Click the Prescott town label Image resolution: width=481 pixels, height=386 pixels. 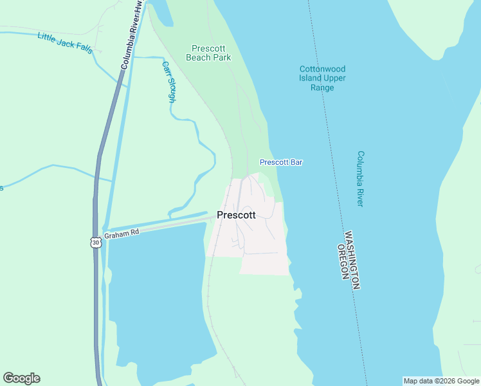click(236, 215)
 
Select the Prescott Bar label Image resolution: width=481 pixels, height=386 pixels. click(281, 162)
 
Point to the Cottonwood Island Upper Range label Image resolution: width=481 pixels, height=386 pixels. click(322, 78)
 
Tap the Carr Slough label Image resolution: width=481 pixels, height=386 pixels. click(169, 82)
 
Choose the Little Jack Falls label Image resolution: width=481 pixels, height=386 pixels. click(65, 42)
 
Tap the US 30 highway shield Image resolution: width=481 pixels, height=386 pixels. click(96, 243)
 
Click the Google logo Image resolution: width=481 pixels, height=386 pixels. click(21, 378)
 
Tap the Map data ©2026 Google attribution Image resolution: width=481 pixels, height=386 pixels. click(442, 381)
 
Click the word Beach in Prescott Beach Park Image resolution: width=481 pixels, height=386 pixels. click(199, 57)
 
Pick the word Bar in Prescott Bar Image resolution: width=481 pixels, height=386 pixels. click(296, 162)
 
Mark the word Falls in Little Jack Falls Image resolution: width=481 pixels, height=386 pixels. click(84, 49)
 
